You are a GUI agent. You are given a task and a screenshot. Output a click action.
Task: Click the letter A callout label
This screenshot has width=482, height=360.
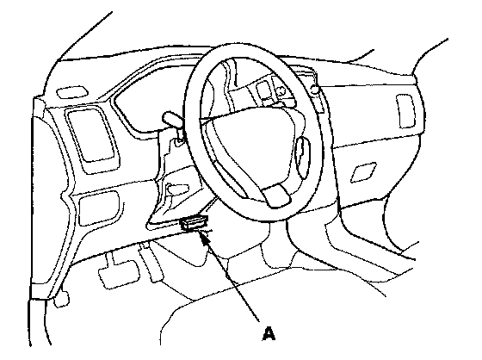click(x=269, y=334)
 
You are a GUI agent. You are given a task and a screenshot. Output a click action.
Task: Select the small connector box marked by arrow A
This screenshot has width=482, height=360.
click(x=195, y=222)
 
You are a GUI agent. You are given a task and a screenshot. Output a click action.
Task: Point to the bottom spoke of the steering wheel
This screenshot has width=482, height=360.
click(x=276, y=196)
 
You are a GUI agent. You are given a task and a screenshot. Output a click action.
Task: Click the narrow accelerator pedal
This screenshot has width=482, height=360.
click(x=151, y=263)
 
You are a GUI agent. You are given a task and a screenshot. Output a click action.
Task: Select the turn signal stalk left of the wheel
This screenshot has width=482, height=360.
click(x=173, y=119)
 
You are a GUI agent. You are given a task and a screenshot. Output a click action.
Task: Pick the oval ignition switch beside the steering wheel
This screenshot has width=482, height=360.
click(x=303, y=158)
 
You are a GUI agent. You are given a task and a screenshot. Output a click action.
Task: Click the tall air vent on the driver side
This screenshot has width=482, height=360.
click(x=92, y=134)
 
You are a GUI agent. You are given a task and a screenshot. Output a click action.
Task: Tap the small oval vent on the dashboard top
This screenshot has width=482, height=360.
click(x=72, y=92)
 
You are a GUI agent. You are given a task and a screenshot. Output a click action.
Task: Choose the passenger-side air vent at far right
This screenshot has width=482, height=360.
click(x=405, y=111)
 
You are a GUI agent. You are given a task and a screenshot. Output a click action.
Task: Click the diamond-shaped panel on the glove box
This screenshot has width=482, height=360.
click(x=363, y=172)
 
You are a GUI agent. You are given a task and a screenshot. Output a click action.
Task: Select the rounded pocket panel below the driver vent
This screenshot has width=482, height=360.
click(x=99, y=208)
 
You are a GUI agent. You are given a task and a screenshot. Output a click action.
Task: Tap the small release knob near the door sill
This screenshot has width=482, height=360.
click(x=61, y=299)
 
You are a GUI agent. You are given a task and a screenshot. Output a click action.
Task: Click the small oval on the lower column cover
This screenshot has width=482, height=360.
click(x=177, y=189)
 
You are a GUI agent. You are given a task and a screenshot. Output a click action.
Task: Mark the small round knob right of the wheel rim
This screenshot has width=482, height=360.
click(x=315, y=90)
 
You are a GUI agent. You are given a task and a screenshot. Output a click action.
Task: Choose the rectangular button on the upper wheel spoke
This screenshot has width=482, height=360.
click(x=263, y=90)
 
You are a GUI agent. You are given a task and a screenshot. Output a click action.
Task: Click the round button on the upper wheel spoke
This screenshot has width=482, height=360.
click(x=280, y=91)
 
